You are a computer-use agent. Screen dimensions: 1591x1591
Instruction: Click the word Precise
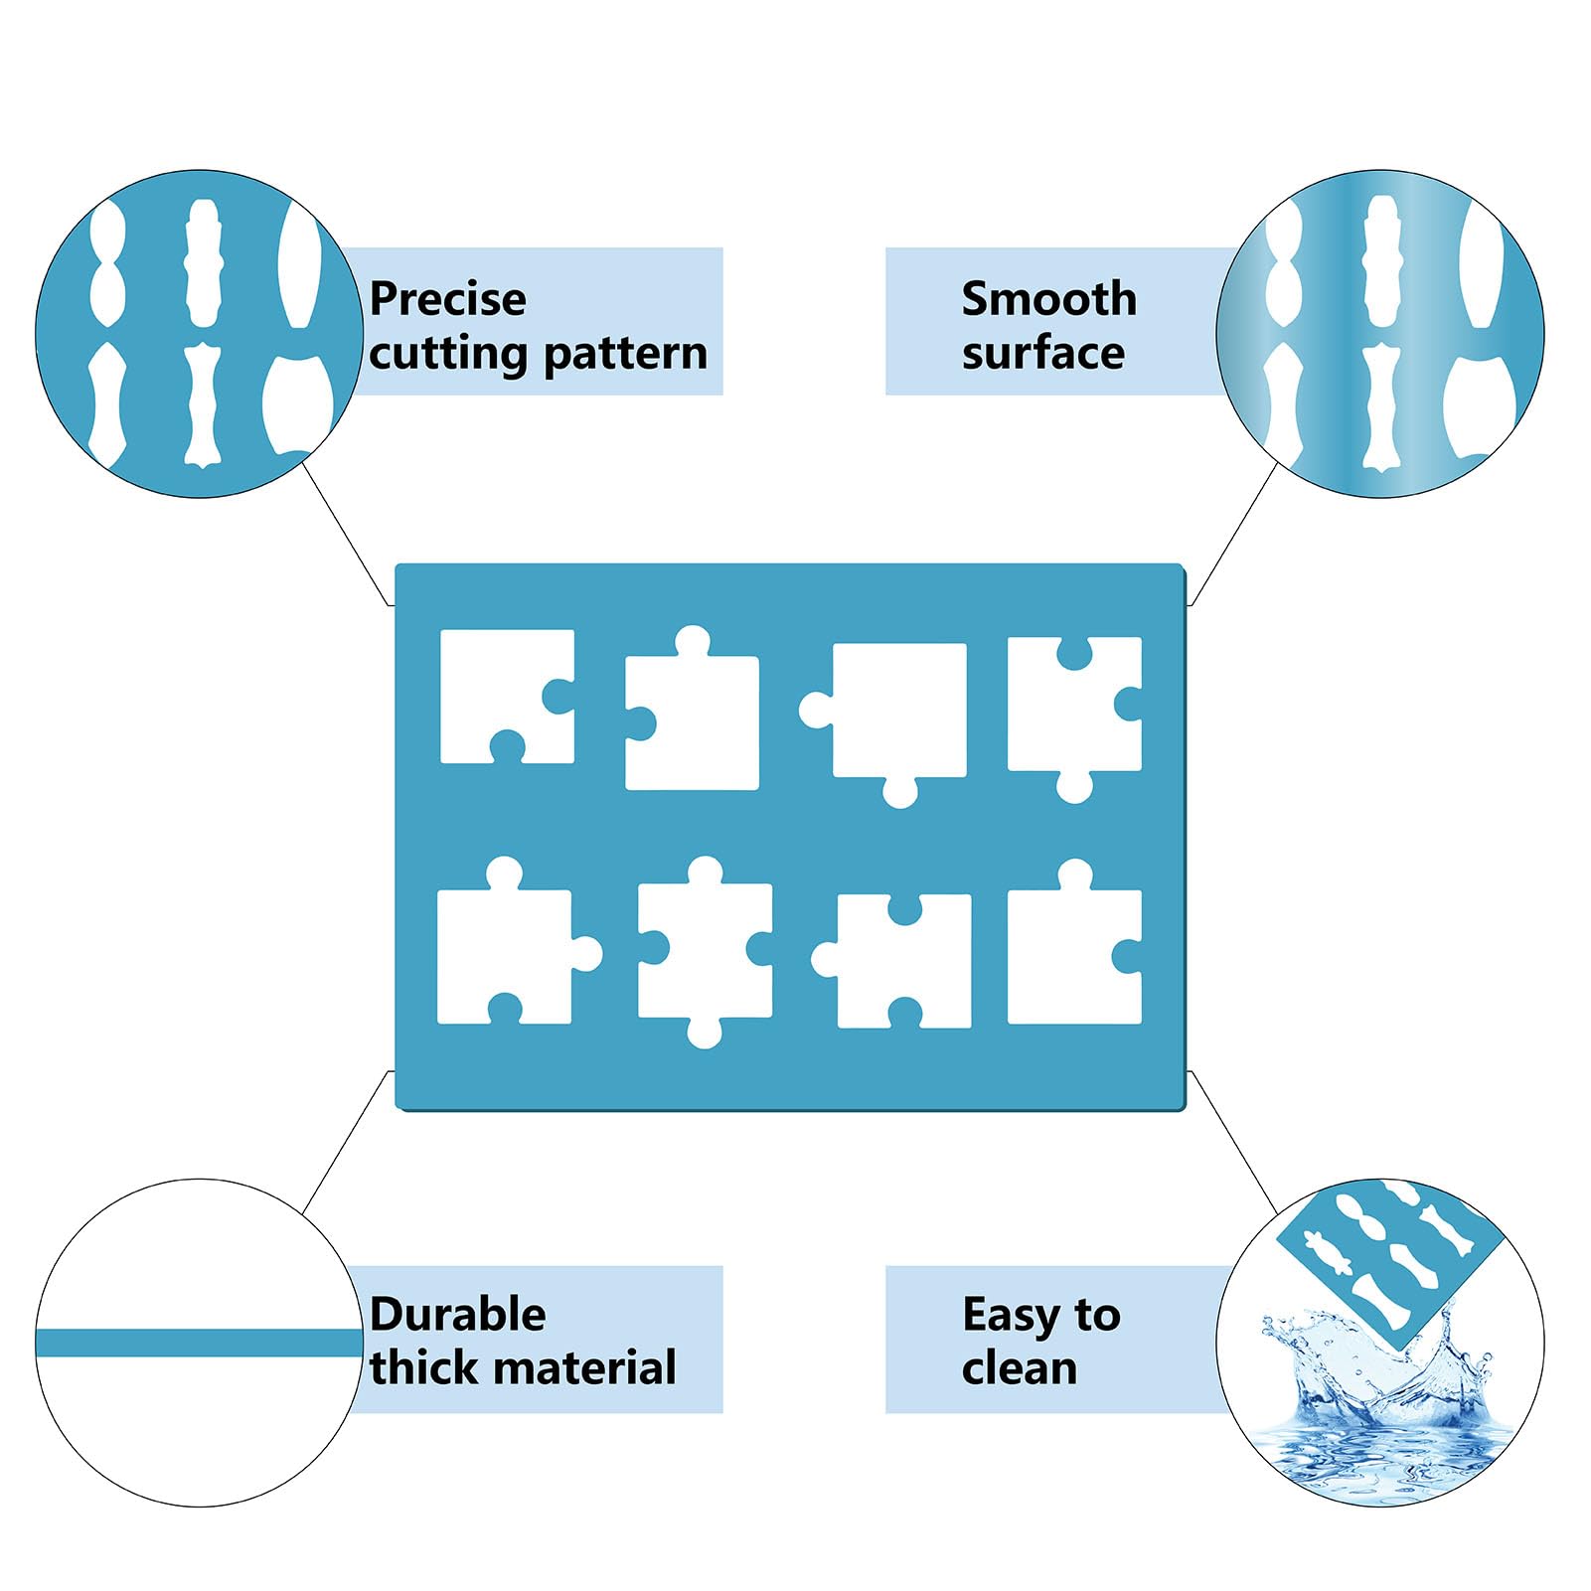[x=447, y=299]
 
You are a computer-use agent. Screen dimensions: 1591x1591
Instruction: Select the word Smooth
[x=1049, y=299]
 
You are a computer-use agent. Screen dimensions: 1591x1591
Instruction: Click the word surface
[x=1043, y=354]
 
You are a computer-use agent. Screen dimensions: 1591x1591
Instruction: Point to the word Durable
[x=458, y=1315]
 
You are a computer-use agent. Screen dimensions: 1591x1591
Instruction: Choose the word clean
[x=1020, y=1368]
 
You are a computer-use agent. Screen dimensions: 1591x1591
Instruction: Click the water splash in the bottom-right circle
[x=1381, y=1401]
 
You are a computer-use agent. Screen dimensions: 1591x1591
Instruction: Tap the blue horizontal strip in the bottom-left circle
[x=199, y=1344]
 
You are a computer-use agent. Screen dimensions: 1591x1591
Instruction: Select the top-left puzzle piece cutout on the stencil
[x=508, y=697]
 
